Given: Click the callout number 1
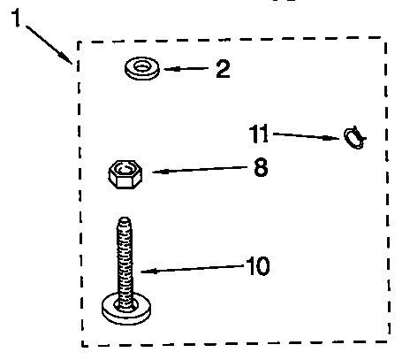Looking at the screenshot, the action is pyautogui.click(x=16, y=18).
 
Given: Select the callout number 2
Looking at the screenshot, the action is pyautogui.click(x=223, y=69).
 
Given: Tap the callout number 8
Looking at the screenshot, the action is pyautogui.click(x=261, y=167).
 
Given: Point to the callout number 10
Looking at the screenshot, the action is pyautogui.click(x=258, y=266).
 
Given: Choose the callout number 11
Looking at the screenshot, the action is pyautogui.click(x=259, y=134).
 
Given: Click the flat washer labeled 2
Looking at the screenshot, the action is pyautogui.click(x=142, y=68).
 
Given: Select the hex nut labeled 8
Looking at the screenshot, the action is pyautogui.click(x=125, y=174).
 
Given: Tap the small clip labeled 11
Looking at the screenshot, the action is pyautogui.click(x=355, y=138).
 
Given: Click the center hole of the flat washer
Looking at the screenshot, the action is pyautogui.click(x=142, y=66).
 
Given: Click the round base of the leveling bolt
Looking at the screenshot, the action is pyautogui.click(x=126, y=309).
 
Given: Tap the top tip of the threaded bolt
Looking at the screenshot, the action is pyautogui.click(x=125, y=218).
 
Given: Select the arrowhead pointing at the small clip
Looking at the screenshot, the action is pyautogui.click(x=331, y=137).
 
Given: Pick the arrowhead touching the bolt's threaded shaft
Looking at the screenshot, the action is pyautogui.click(x=148, y=271).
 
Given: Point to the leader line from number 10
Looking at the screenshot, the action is pyautogui.click(x=193, y=269).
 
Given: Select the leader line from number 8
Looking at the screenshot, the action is pyautogui.click(x=200, y=170).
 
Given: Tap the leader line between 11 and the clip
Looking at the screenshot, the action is pyautogui.click(x=307, y=136).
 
